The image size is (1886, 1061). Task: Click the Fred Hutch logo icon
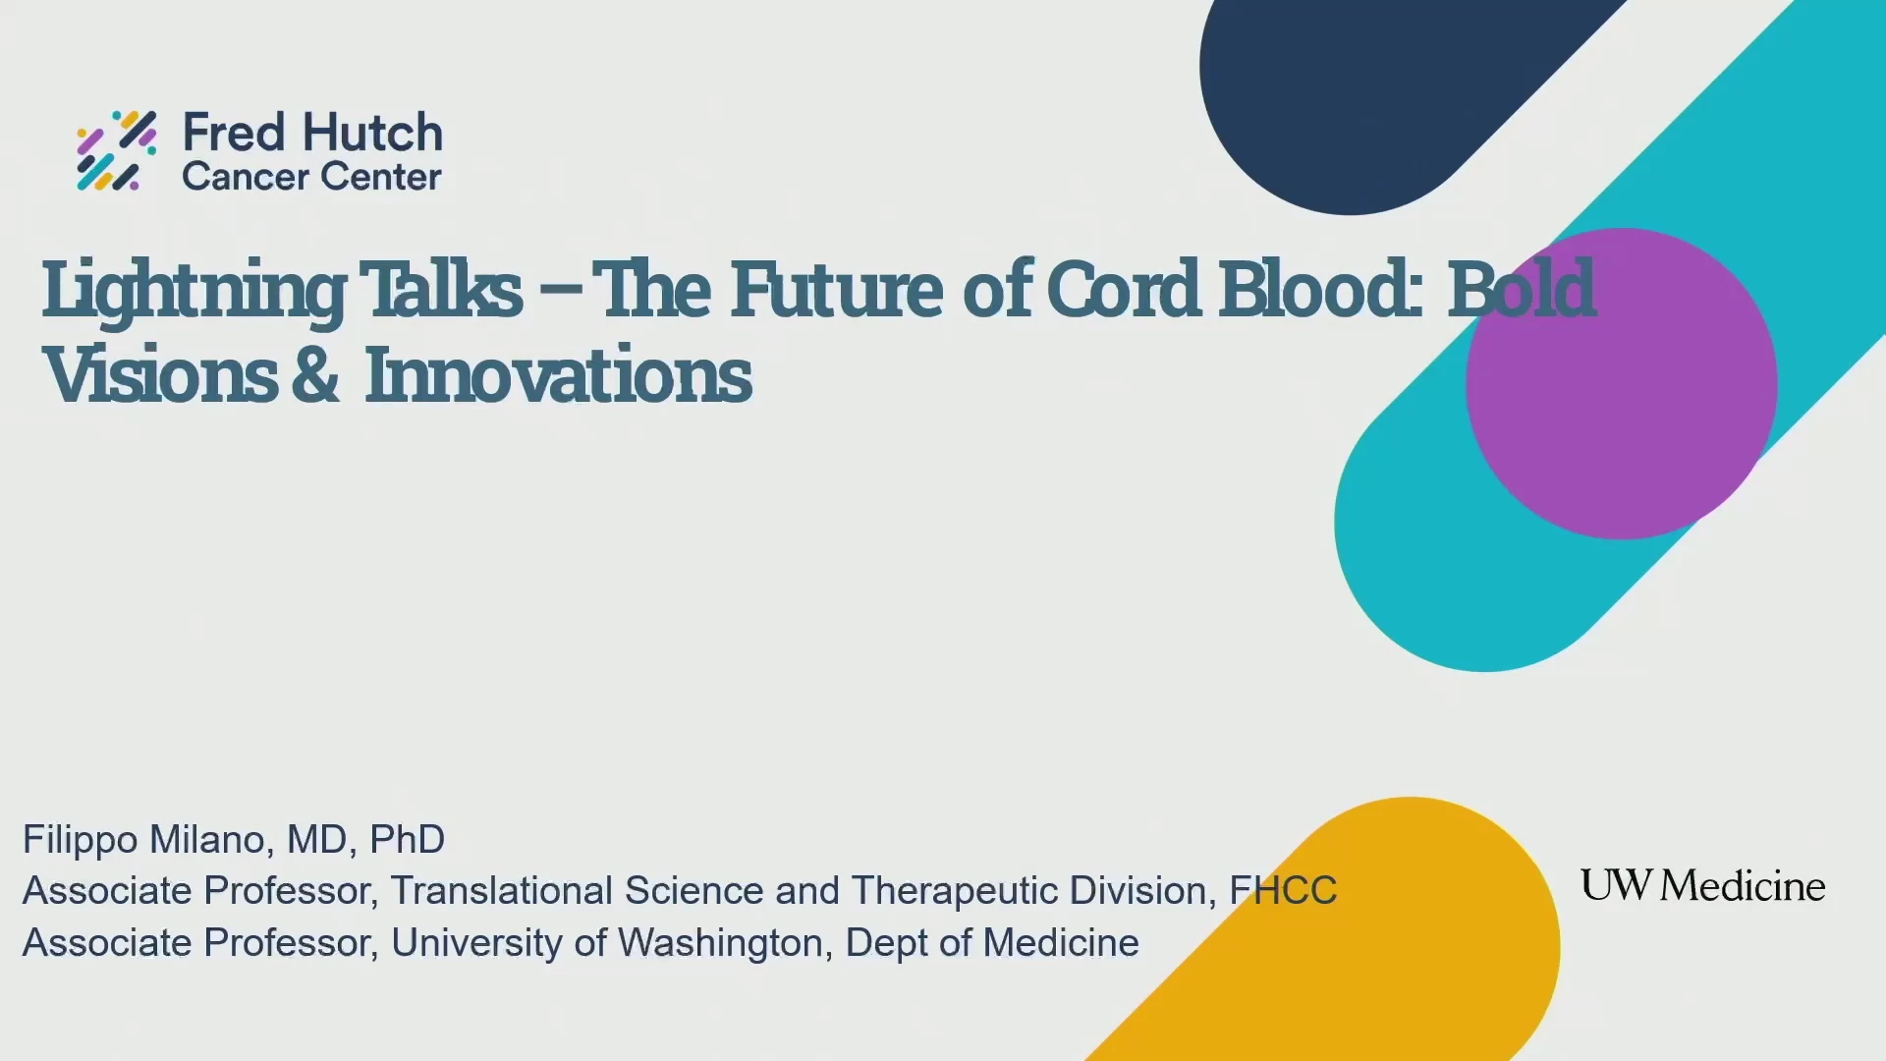[x=117, y=150]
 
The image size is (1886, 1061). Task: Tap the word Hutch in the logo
[x=372, y=133]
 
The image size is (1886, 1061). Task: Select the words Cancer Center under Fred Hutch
[x=311, y=177]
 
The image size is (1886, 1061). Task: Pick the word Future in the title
[x=836, y=289]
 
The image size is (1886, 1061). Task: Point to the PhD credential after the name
[x=407, y=840]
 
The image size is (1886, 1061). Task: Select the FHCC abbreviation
[x=1283, y=891]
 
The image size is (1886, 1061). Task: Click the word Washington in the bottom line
[x=720, y=943]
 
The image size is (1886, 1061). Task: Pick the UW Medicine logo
[x=1702, y=885]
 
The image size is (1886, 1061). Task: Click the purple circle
[x=1621, y=383]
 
